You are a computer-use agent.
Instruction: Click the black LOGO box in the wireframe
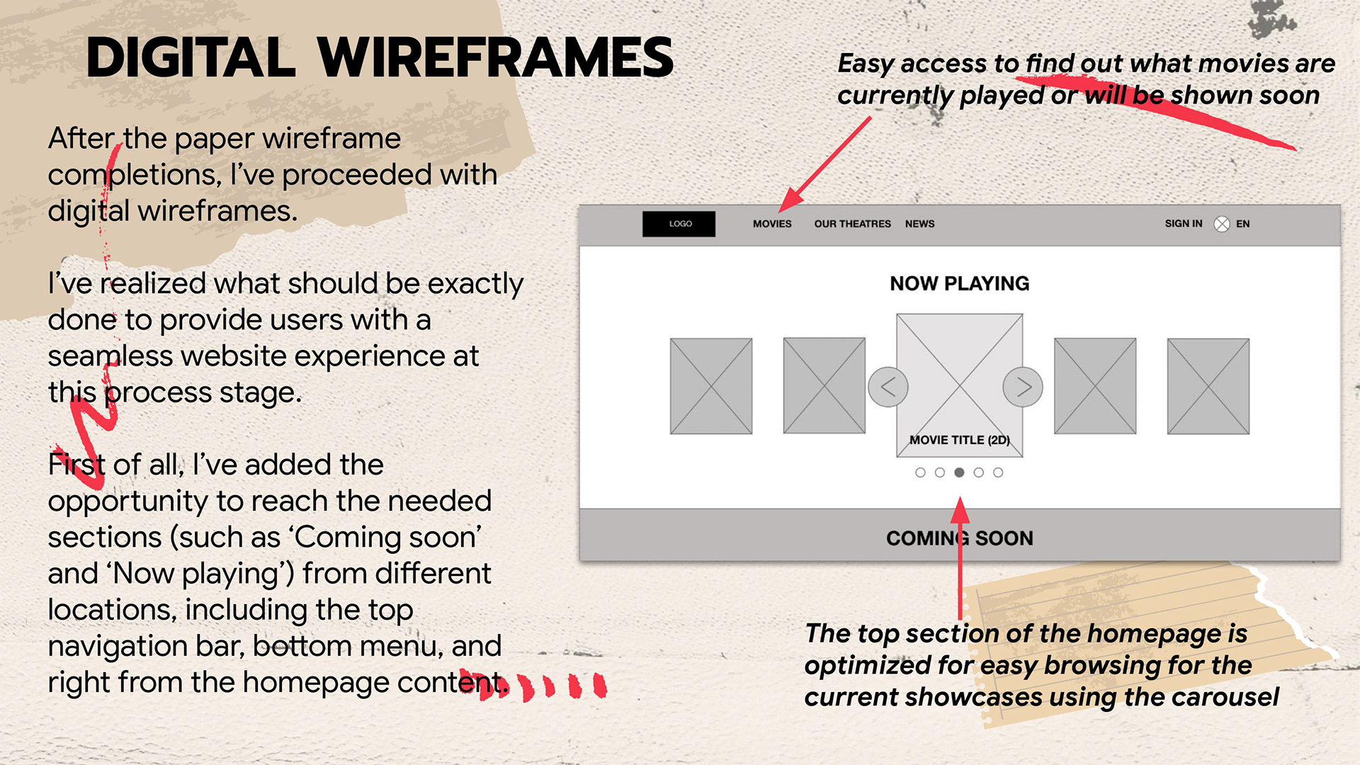pos(679,224)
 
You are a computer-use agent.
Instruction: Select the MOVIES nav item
pos(772,224)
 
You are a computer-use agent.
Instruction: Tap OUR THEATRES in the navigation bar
pos(852,224)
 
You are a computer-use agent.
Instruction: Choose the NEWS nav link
pos(919,224)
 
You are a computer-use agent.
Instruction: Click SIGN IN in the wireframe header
pos(1183,224)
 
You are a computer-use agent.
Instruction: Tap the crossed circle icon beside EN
pos(1222,224)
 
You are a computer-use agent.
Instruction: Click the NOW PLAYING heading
pos(960,283)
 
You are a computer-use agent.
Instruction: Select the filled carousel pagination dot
pos(959,472)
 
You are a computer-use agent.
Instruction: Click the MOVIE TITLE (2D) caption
pos(960,440)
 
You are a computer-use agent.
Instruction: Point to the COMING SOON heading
pos(960,538)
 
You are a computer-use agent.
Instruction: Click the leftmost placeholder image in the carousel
pos(711,386)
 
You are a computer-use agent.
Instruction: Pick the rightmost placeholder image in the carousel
pos(1208,386)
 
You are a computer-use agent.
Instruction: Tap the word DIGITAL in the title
pos(190,58)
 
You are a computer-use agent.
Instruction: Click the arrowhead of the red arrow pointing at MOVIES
pos(786,204)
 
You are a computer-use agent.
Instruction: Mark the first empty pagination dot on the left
pos(920,472)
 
